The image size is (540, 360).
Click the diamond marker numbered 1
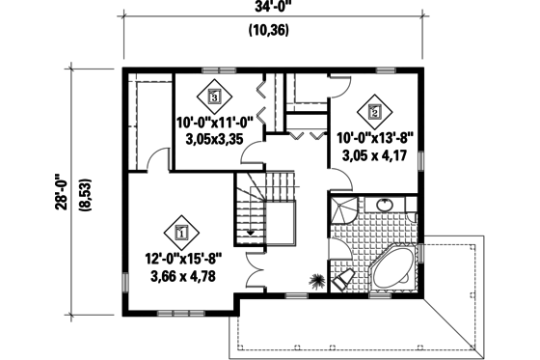[181, 231]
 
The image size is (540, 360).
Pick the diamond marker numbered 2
[375, 111]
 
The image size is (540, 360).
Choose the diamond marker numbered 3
[213, 96]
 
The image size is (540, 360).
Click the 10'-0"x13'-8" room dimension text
[374, 137]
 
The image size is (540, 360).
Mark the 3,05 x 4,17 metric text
[374, 154]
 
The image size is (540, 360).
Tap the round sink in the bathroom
[385, 204]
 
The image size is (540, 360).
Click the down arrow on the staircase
[252, 232]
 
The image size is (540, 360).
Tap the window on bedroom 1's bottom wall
[179, 313]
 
